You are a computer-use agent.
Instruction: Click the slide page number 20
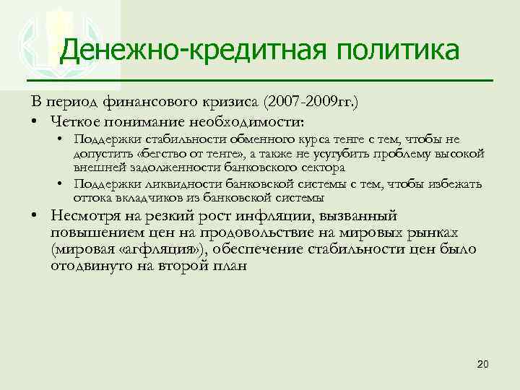click(x=483, y=363)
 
